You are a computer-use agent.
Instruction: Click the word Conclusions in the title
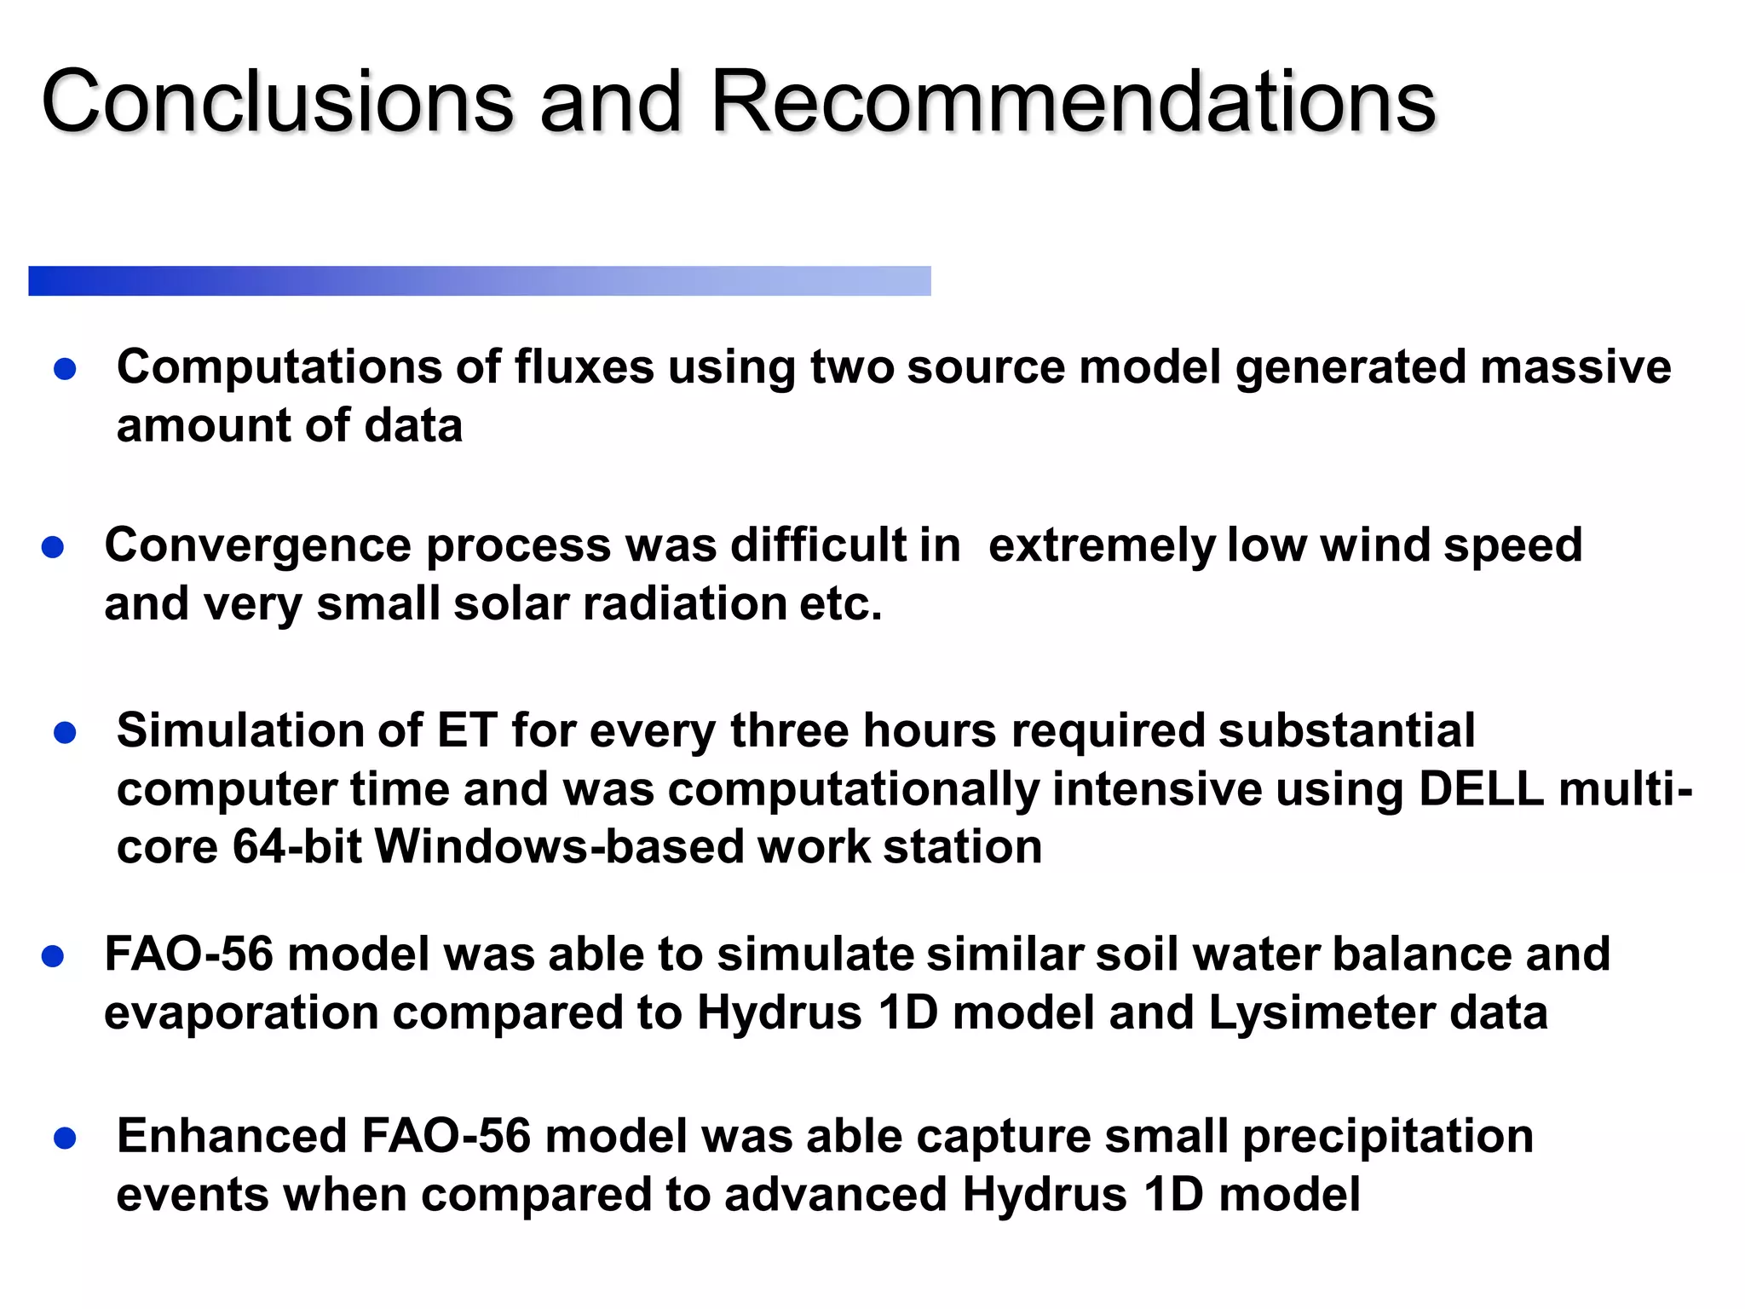pyautogui.click(x=277, y=102)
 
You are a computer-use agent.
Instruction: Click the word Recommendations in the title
pyautogui.click(x=1074, y=102)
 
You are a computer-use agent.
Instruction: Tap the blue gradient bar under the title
pyautogui.click(x=479, y=281)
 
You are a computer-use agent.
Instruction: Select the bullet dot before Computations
pyautogui.click(x=65, y=369)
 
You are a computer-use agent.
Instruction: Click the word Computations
pyautogui.click(x=279, y=368)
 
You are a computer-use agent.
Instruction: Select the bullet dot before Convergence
pyautogui.click(x=53, y=547)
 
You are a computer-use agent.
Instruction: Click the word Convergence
pyautogui.click(x=257, y=545)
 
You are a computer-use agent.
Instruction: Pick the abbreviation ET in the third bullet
pyautogui.click(x=467, y=731)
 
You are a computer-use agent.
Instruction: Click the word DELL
pyautogui.click(x=1481, y=789)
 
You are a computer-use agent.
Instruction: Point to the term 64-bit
pyautogui.click(x=297, y=847)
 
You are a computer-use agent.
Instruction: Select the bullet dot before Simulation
pyautogui.click(x=65, y=733)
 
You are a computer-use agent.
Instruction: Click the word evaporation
pyautogui.click(x=241, y=1013)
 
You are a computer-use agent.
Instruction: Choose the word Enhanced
pyautogui.click(x=232, y=1137)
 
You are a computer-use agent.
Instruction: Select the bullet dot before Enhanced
pyautogui.click(x=65, y=1139)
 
